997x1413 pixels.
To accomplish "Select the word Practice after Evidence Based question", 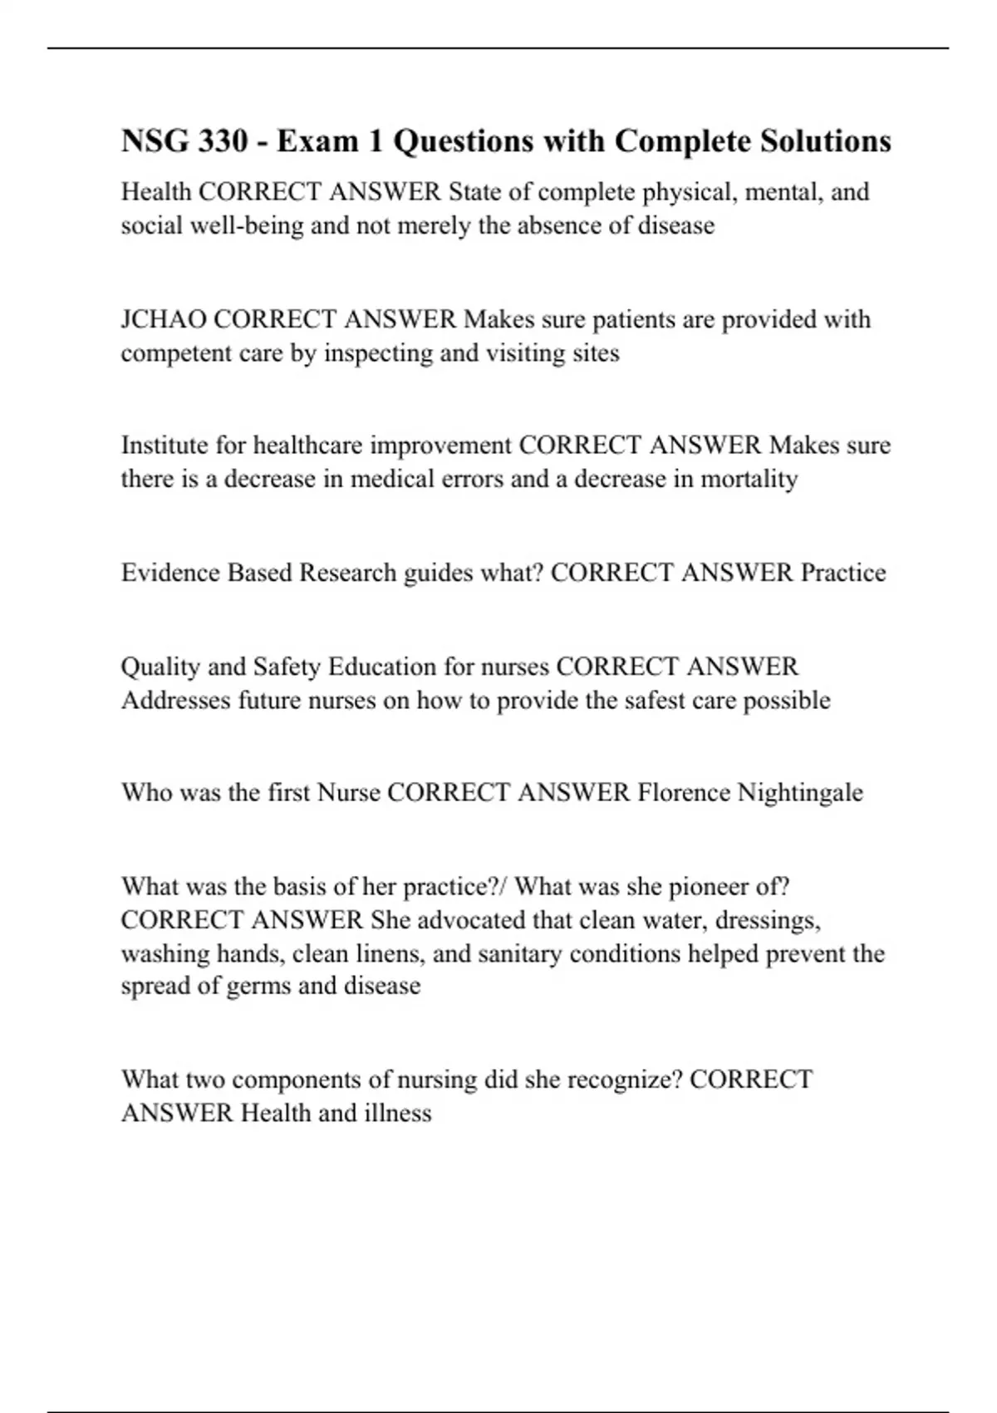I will point(842,573).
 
